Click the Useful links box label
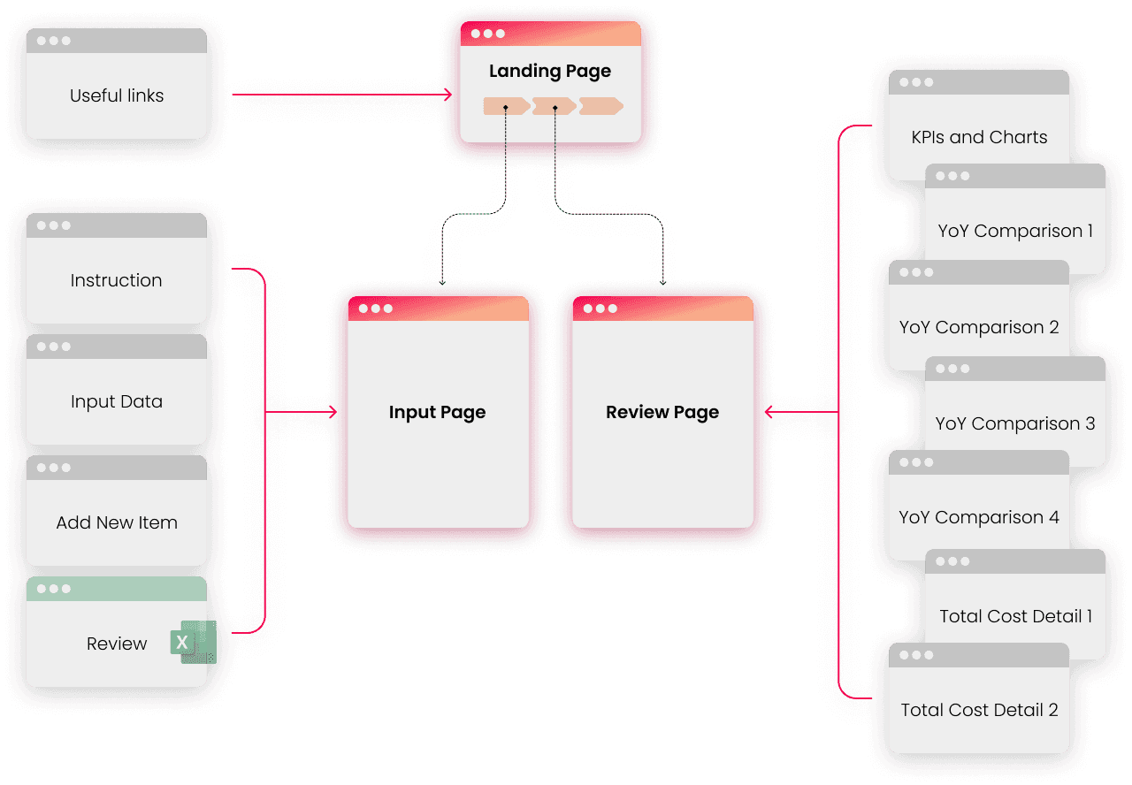(117, 95)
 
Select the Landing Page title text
(550, 71)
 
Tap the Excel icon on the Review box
(193, 642)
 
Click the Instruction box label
(117, 280)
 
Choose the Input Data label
(117, 401)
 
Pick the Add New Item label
(117, 522)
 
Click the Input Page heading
(437, 412)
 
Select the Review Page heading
(662, 412)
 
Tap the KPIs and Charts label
(979, 137)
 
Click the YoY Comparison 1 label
(1015, 231)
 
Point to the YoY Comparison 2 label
(979, 327)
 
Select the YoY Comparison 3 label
(1015, 423)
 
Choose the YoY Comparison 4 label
(979, 517)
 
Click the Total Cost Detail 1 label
(1015, 616)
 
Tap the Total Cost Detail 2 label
(979, 710)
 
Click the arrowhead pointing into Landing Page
(448, 93)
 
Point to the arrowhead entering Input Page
(333, 412)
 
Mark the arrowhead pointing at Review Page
(769, 412)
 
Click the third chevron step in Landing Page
(600, 106)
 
